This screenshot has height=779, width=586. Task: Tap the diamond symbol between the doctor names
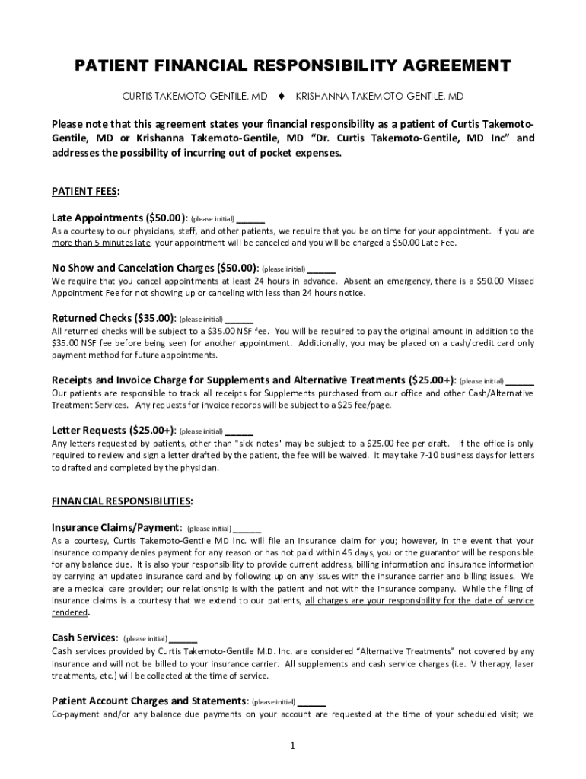[x=281, y=97]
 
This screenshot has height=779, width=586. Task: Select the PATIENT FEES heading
[x=85, y=190]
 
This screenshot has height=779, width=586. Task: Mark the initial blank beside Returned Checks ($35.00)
[x=240, y=320]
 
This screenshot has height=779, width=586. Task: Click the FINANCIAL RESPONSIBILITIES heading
[x=122, y=501]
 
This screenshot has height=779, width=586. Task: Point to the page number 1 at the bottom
[x=292, y=745]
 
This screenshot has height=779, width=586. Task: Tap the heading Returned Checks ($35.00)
[x=113, y=318]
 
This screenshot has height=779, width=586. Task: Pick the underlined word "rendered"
[x=69, y=612]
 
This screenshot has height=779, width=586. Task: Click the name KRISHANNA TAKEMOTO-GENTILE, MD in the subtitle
[x=380, y=97]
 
